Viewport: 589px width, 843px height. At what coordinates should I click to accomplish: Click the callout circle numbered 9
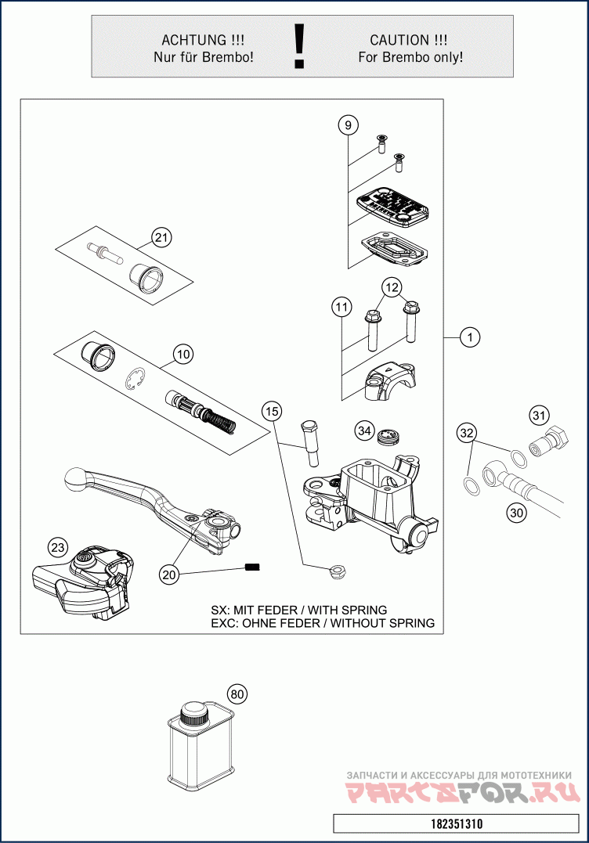pyautogui.click(x=349, y=124)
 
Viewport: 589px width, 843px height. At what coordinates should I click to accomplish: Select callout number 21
pyautogui.click(x=161, y=237)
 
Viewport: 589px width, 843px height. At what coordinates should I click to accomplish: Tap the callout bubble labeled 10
pyautogui.click(x=182, y=355)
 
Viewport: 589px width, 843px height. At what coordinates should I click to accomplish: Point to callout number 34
pyautogui.click(x=364, y=430)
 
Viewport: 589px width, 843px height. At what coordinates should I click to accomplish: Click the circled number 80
pyautogui.click(x=238, y=693)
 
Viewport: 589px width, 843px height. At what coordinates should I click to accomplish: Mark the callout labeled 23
pyautogui.click(x=58, y=547)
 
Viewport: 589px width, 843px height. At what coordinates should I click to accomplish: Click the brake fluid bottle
pyautogui.click(x=199, y=744)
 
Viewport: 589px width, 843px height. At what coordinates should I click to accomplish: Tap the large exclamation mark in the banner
pyautogui.click(x=298, y=46)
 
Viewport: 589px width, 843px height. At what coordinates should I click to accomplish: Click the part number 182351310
pyautogui.click(x=457, y=824)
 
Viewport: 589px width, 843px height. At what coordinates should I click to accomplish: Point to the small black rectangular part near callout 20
pyautogui.click(x=252, y=567)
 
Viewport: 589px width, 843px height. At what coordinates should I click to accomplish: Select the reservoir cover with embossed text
pyautogui.click(x=392, y=207)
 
